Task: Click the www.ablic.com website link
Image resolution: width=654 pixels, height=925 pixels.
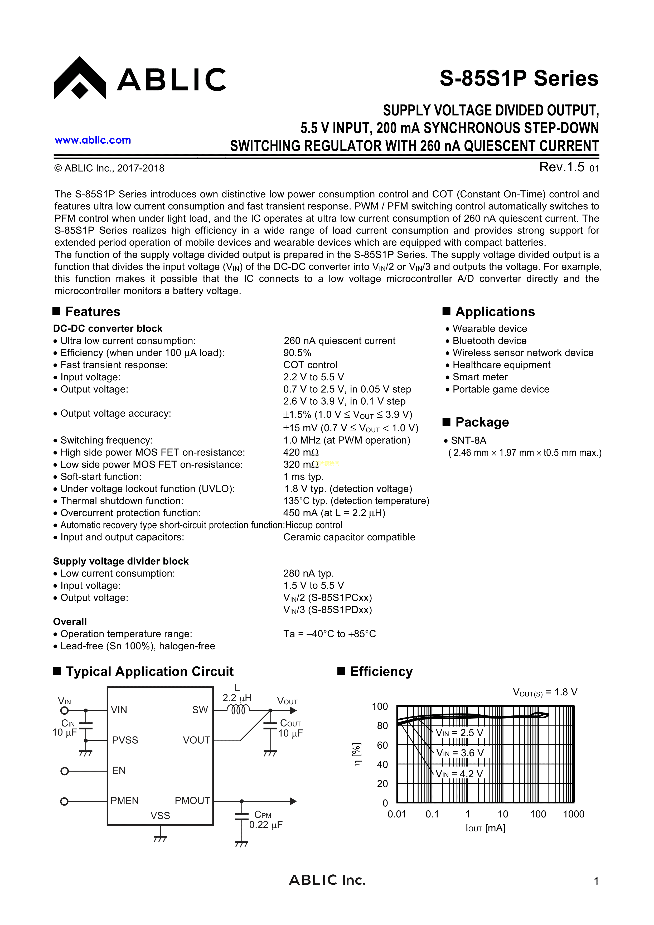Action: (93, 140)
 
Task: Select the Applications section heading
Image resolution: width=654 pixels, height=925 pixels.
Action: (495, 312)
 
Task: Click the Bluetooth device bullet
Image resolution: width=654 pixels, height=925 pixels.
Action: (489, 341)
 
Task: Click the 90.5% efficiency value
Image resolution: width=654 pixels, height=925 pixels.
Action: (297, 353)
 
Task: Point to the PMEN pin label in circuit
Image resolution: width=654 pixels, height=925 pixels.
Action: (124, 801)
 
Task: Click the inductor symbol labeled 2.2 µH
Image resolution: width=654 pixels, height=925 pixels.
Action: (238, 710)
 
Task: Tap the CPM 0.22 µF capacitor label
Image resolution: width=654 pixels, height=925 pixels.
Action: (265, 820)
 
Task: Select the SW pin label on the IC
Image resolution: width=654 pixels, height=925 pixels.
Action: (200, 710)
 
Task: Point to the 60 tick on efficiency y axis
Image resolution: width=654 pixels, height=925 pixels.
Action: (382, 745)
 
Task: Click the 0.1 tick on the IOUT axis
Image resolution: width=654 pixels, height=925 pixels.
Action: (432, 814)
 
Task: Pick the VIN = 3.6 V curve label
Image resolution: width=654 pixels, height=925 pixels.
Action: (460, 753)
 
